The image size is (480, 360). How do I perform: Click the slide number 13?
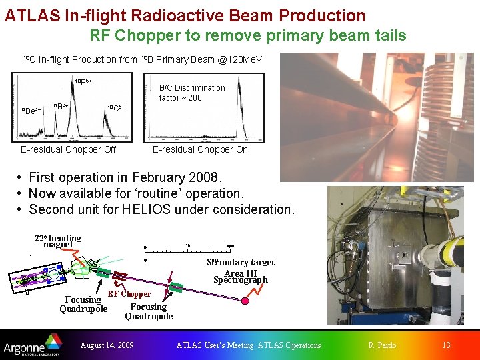[x=446, y=345]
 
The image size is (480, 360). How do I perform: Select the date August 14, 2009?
[x=107, y=345]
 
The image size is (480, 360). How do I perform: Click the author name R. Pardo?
[x=382, y=345]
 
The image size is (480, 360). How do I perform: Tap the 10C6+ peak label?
[x=115, y=107]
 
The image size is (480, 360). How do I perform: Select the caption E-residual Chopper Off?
[x=68, y=149]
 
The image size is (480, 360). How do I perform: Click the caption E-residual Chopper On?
[x=200, y=149]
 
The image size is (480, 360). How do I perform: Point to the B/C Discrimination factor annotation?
[x=192, y=93]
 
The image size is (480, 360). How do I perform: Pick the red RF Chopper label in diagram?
[x=129, y=293]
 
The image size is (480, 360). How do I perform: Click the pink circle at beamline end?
[x=245, y=301]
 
